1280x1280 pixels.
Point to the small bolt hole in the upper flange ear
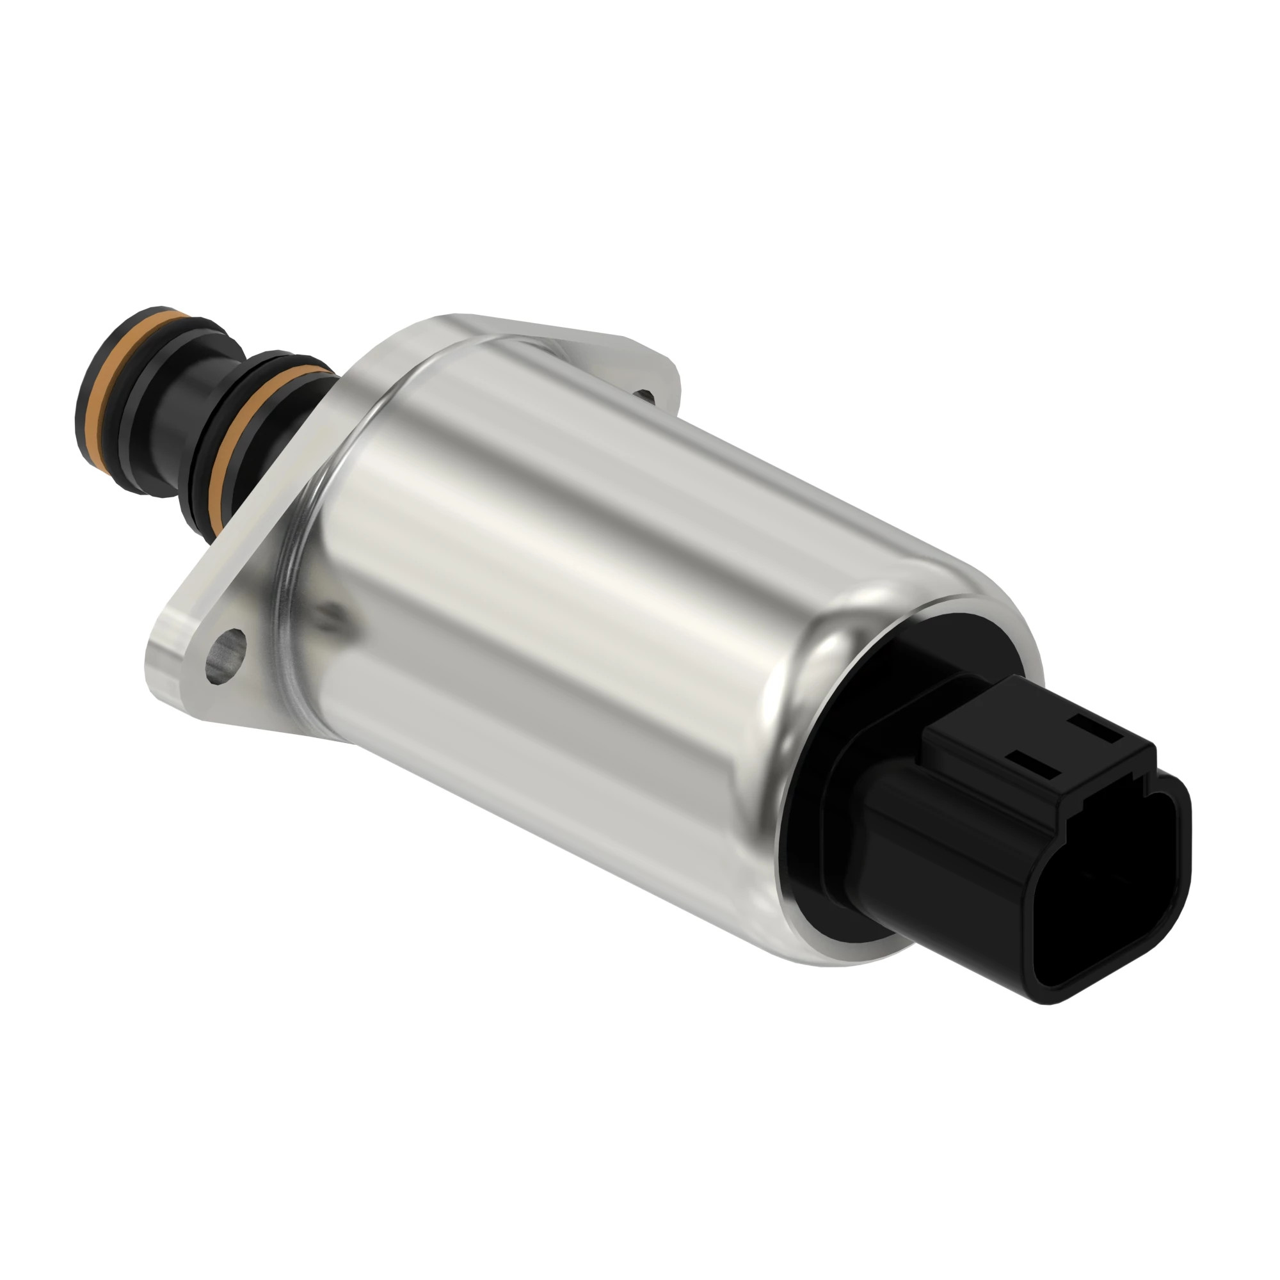point(644,396)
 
